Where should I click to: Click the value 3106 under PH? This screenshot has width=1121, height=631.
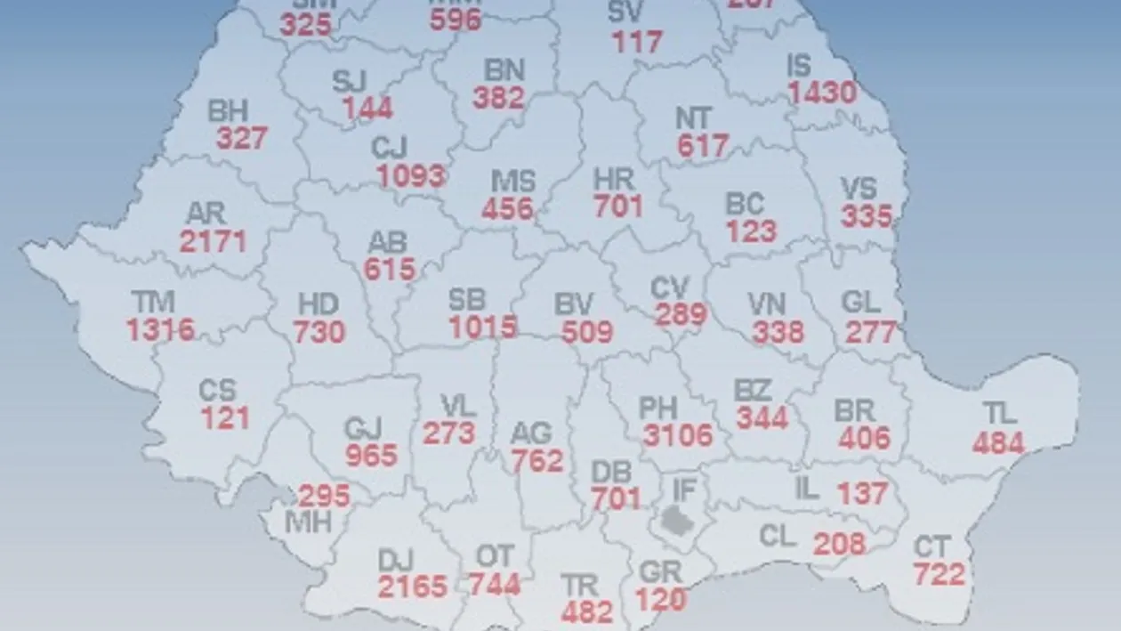677,435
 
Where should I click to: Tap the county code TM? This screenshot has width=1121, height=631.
152,302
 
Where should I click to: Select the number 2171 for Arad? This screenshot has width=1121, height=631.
213,240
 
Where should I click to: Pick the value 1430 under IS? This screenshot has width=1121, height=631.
822,92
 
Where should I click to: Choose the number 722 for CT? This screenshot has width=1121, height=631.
939,574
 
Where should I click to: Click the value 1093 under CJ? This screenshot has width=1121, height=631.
410,174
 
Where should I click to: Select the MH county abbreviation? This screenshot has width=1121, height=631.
308,522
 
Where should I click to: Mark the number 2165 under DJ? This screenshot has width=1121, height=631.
412,587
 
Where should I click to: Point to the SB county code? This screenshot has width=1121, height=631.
468,300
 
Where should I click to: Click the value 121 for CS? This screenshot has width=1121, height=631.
224,417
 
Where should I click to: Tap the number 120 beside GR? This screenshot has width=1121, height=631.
661,599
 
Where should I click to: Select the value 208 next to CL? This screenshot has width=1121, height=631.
839,542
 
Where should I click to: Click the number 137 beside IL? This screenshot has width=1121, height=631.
862,492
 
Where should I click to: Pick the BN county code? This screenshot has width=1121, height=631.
504,69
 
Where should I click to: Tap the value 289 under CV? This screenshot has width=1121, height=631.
681,314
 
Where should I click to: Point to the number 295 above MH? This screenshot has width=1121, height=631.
324,496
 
